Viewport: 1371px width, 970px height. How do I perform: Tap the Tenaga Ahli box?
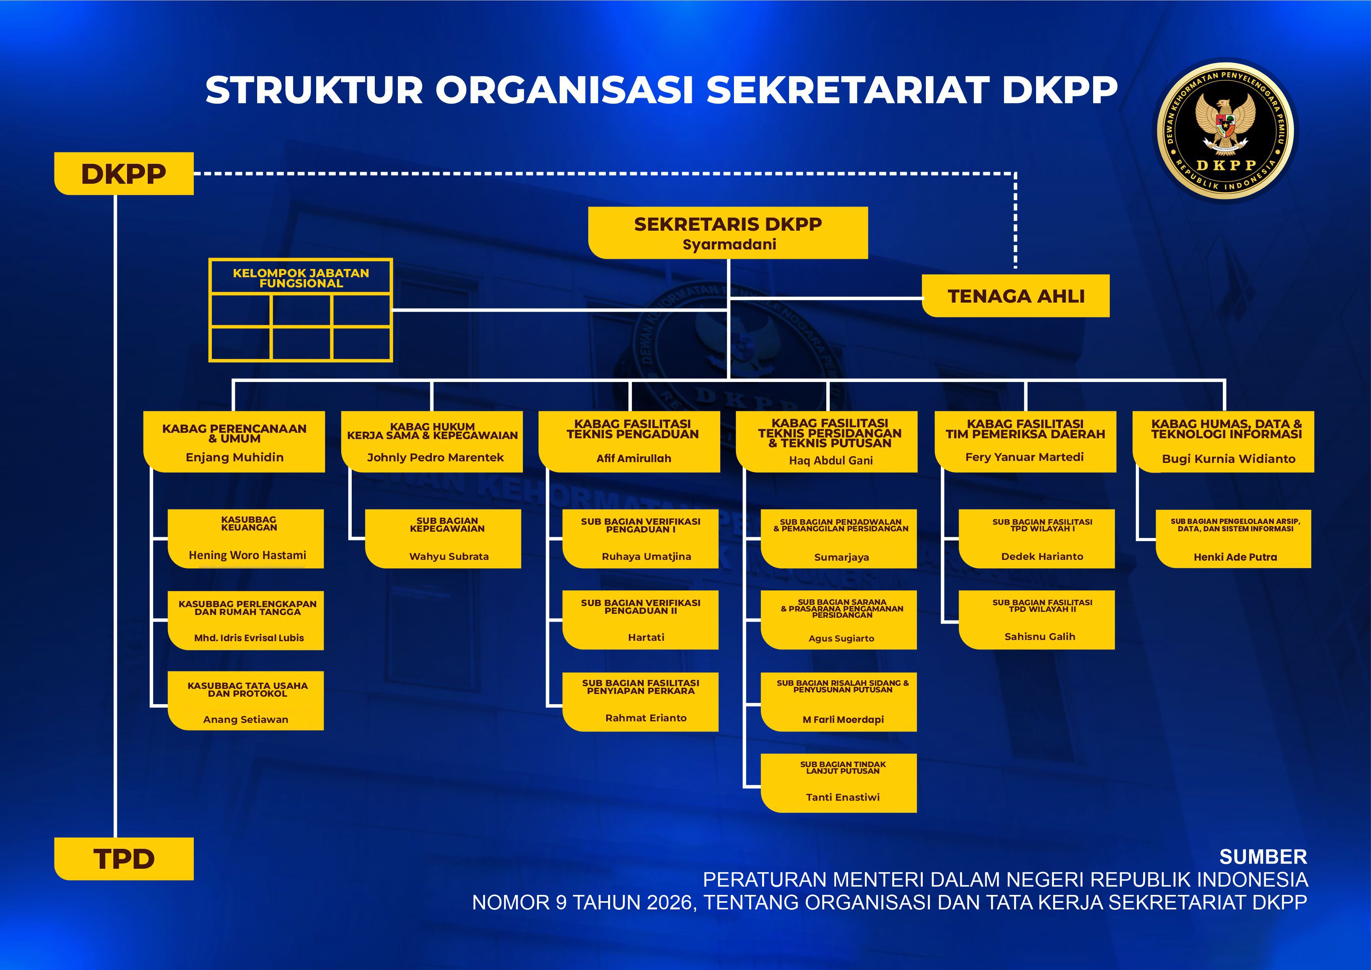coord(1016,296)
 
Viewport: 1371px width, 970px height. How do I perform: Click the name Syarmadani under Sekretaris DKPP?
coord(729,244)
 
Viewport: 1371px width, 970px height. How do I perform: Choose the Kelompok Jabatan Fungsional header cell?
coord(301,277)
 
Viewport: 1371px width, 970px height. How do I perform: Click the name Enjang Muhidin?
coord(234,457)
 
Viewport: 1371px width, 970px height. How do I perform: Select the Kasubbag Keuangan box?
coord(246,538)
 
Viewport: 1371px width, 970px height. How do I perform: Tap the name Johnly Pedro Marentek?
coord(435,457)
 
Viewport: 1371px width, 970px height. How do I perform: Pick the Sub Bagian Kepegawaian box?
coord(443,538)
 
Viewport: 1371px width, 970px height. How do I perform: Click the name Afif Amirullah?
coord(634,458)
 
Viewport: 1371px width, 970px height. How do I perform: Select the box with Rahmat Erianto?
coord(641,702)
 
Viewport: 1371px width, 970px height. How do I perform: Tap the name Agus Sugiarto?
coord(841,638)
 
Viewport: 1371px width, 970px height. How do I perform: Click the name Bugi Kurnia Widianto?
coord(1228,459)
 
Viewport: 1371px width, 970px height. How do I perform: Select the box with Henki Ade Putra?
coord(1234,538)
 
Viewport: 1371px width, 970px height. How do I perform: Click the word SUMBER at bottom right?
coord(1263,857)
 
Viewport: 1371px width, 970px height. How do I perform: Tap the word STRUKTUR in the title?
coord(315,90)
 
